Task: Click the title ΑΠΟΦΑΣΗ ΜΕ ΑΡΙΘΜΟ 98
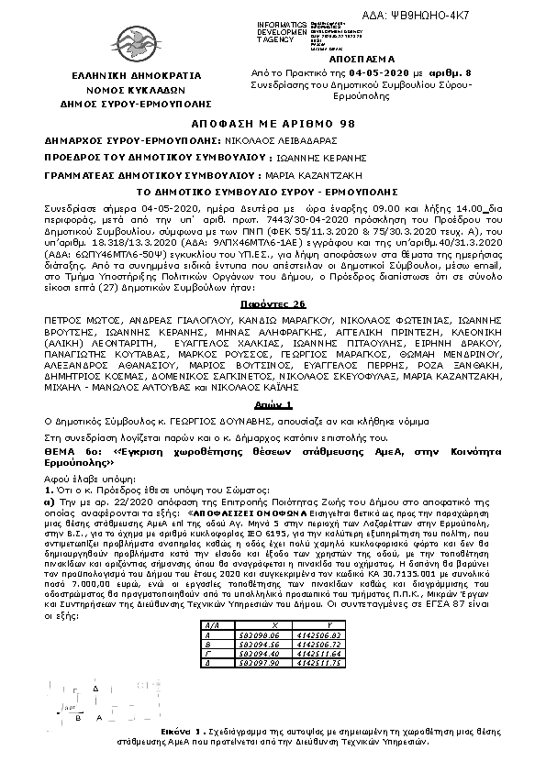(272, 123)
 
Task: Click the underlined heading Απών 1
(273, 379)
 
